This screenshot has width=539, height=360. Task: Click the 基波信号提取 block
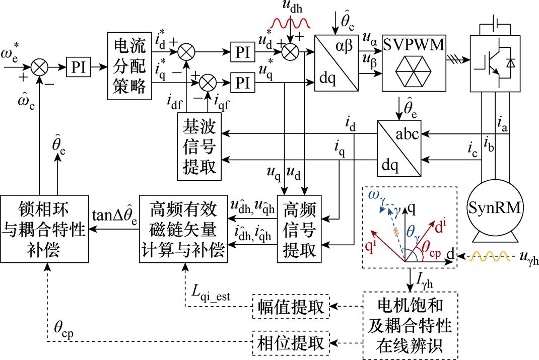(x=199, y=146)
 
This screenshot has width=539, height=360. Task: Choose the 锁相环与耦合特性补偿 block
(x=44, y=230)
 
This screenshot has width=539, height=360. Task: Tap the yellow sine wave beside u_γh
(x=490, y=259)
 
